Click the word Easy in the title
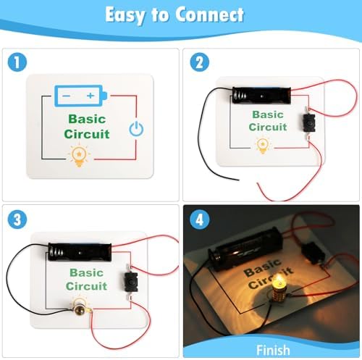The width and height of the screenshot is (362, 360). tap(125, 15)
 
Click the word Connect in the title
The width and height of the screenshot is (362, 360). tap(209, 14)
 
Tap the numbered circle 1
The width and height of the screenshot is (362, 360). tap(17, 62)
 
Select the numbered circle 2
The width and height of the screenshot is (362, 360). tap(200, 62)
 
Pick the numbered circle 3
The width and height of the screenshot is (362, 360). tap(17, 219)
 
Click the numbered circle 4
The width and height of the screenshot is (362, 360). tap(200, 219)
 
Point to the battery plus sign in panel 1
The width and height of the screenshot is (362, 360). tap(90, 96)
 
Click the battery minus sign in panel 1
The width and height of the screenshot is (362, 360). tap(66, 96)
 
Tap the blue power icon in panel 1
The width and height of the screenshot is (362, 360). tap(136, 128)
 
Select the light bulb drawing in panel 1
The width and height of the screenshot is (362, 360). tap(79, 156)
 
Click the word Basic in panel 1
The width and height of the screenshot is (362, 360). tap(87, 119)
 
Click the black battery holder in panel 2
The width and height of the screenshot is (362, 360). tap(261, 96)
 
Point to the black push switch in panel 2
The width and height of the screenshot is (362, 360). tap(309, 123)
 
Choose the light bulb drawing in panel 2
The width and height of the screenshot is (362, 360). tap(263, 146)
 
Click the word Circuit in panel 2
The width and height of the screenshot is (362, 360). tap(268, 127)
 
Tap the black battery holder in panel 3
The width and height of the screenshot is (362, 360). tap(80, 252)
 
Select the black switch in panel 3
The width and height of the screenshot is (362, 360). tap(131, 281)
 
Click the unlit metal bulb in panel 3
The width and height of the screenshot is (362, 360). tap(80, 309)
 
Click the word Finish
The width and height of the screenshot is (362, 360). tap(273, 350)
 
